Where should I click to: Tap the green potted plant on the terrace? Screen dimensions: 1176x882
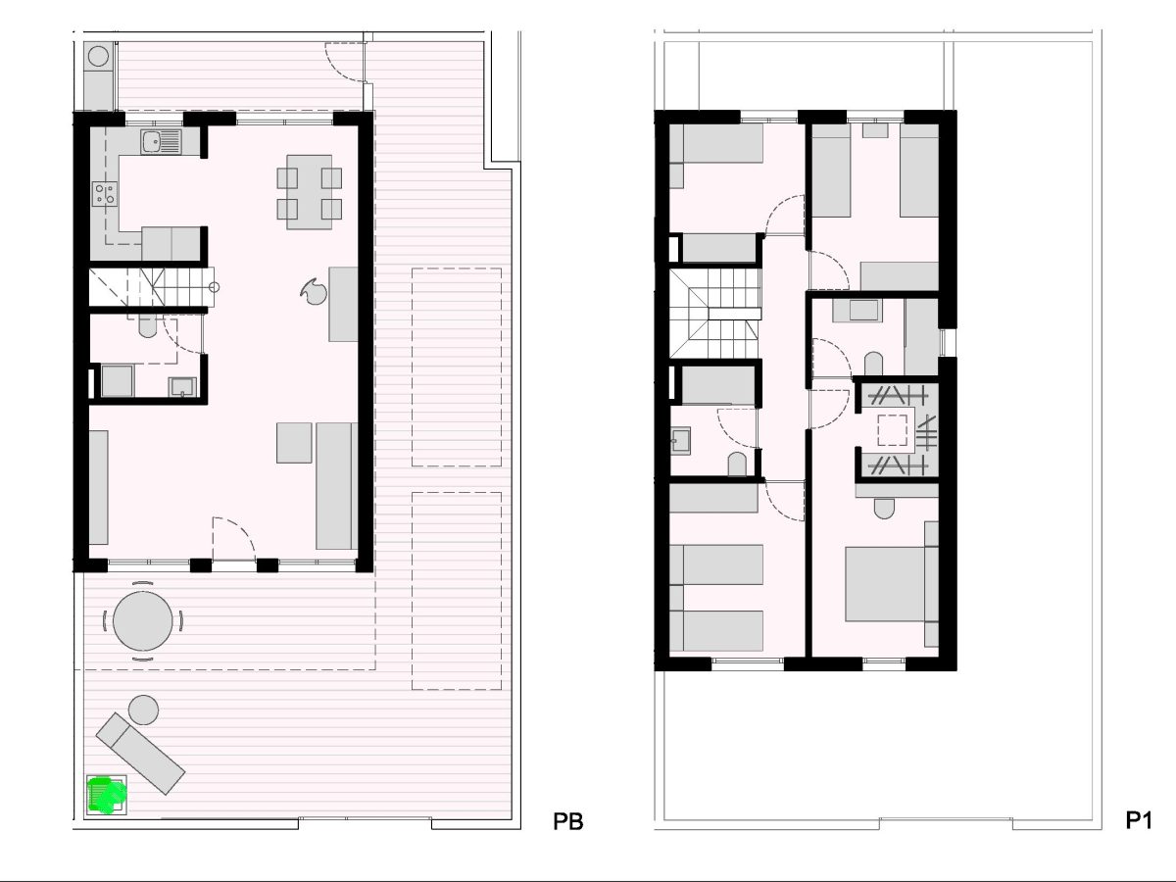click(x=107, y=795)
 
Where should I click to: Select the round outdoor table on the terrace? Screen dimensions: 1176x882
click(x=143, y=621)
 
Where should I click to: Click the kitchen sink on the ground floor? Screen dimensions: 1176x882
click(x=162, y=142)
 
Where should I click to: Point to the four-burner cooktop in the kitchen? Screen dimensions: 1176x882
click(x=105, y=194)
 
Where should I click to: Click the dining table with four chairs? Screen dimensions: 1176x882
click(x=309, y=192)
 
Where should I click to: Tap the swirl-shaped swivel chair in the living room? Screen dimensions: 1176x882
click(x=314, y=292)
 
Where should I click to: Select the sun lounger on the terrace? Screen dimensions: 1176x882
click(x=140, y=754)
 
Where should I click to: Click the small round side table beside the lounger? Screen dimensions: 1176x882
click(x=144, y=710)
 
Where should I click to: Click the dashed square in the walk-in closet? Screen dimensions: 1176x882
click(x=892, y=430)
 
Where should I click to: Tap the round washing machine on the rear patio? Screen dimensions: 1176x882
click(x=99, y=56)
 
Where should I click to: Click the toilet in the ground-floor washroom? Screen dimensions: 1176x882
click(x=147, y=325)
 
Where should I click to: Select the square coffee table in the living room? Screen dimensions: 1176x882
click(x=294, y=442)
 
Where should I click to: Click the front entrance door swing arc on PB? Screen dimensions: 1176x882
click(x=234, y=538)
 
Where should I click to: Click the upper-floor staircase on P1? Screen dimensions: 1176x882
click(x=715, y=314)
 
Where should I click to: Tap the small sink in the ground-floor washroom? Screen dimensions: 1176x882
click(x=182, y=387)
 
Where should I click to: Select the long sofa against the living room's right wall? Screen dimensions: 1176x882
click(x=336, y=486)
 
